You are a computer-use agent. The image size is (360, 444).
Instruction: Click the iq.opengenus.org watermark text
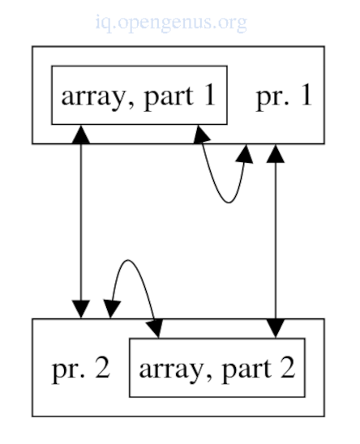(x=171, y=23)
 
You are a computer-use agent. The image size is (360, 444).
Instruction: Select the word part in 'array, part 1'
(x=169, y=97)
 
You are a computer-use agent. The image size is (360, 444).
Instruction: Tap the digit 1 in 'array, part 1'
(x=209, y=96)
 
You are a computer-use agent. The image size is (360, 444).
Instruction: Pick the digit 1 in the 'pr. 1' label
(x=306, y=96)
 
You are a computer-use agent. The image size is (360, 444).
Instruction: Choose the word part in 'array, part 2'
(x=247, y=369)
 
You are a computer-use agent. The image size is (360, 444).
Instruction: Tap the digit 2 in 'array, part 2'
(x=288, y=368)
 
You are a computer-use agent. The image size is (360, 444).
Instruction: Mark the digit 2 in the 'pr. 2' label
(x=102, y=368)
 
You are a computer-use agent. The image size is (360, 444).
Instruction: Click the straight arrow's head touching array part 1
(x=81, y=134)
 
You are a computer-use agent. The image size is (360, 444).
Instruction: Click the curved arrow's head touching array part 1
(x=202, y=134)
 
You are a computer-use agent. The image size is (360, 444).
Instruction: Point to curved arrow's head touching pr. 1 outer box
(x=244, y=154)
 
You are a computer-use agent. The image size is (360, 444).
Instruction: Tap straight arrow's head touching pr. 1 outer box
(x=276, y=153)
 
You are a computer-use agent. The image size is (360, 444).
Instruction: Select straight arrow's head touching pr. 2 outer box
(x=81, y=310)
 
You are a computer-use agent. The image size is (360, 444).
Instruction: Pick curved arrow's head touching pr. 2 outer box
(x=112, y=310)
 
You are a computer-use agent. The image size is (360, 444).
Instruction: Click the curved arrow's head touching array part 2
(x=155, y=328)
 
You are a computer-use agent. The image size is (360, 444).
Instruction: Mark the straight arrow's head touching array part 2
(x=276, y=328)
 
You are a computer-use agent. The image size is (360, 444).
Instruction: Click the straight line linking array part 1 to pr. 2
(x=81, y=222)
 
